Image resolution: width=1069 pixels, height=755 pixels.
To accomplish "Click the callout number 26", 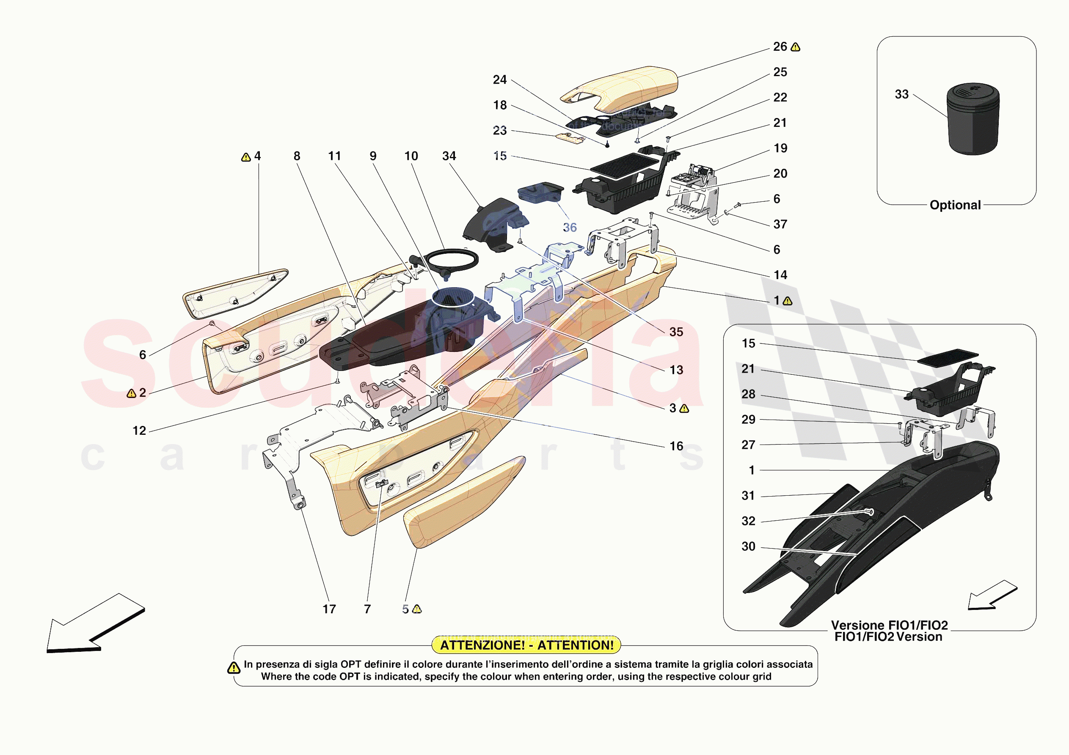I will point(780,47).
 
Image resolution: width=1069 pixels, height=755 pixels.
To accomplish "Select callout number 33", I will point(901,94).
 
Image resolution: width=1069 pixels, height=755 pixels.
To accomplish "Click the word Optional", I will point(955,205).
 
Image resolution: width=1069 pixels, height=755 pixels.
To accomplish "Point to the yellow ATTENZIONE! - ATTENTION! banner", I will point(526,645).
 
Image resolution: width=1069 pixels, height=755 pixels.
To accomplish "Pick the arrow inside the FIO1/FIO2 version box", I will point(992,596).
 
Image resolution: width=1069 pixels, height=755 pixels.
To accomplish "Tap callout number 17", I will point(329,609).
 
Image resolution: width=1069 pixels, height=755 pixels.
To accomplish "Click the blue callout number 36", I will point(570,228).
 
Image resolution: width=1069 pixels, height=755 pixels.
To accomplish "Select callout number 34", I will point(449,156).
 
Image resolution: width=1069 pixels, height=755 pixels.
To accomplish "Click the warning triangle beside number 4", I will point(246,158).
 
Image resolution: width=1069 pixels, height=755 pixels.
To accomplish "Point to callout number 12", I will point(139,431).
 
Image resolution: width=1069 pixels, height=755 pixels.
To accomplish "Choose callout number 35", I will point(676,332).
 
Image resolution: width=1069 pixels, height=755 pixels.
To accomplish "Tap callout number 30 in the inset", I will point(748,546).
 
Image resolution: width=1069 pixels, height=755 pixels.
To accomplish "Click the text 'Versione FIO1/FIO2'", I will point(889,625).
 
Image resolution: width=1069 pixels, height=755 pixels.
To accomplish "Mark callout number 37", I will point(780,224).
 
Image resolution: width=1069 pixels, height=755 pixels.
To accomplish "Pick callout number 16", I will point(676,446).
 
